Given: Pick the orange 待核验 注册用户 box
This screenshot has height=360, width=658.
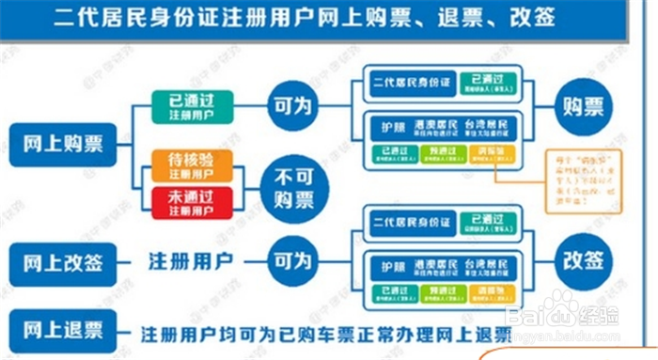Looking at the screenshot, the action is (x=191, y=164).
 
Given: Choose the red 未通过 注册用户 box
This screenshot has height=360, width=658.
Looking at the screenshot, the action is (x=191, y=201).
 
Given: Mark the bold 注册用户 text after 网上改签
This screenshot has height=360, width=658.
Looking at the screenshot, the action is (x=190, y=260).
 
